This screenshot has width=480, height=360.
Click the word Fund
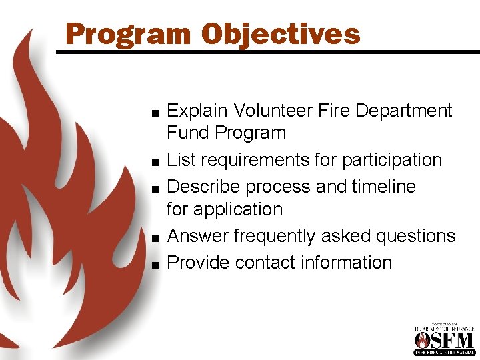click(188, 133)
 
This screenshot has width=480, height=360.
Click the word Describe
click(204, 187)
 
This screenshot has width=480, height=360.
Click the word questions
click(411, 236)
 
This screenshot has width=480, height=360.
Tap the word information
click(346, 263)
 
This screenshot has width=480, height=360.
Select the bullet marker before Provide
click(154, 265)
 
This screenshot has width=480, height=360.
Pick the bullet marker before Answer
click(154, 238)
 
